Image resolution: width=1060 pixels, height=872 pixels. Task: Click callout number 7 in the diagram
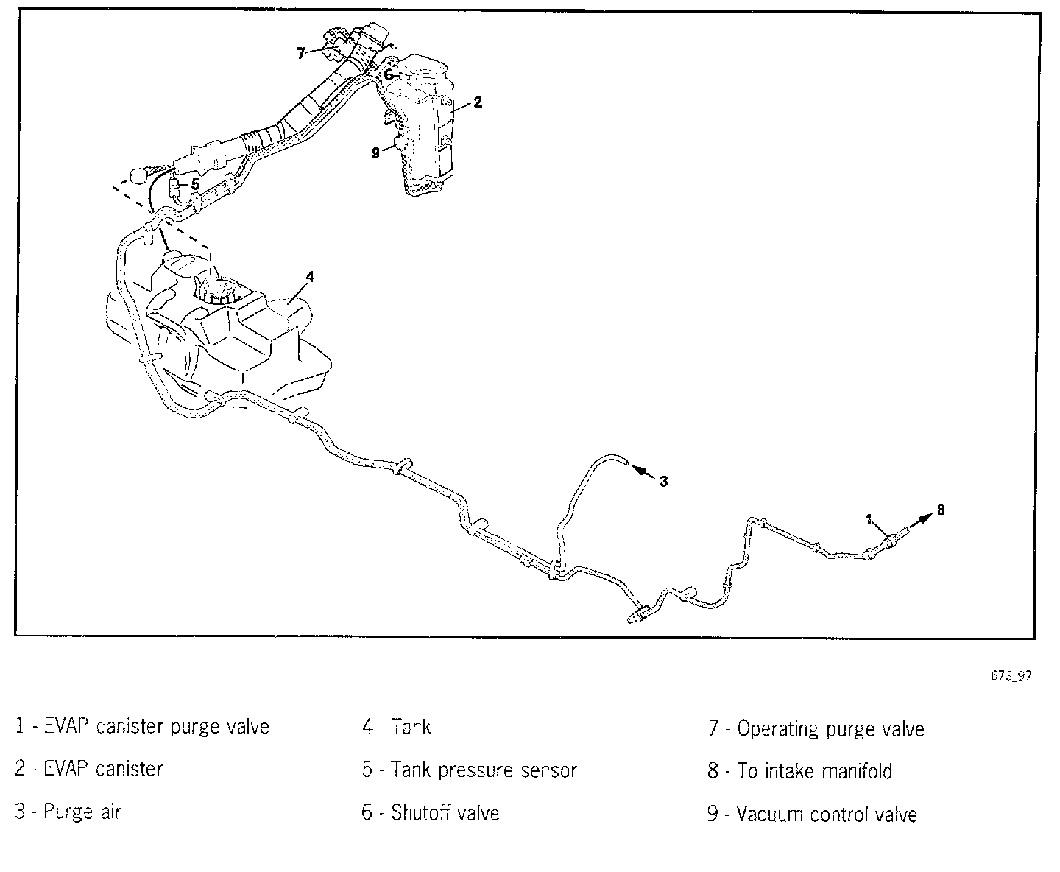click(301, 53)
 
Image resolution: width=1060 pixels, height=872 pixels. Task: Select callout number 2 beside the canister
click(478, 102)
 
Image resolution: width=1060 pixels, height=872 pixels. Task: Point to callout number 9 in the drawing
click(375, 152)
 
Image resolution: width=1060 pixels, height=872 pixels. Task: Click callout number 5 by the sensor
click(194, 183)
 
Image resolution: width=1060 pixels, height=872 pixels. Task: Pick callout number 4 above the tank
click(310, 276)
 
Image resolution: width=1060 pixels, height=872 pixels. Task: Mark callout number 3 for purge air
click(663, 481)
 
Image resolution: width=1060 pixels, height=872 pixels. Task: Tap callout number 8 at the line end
click(940, 509)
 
